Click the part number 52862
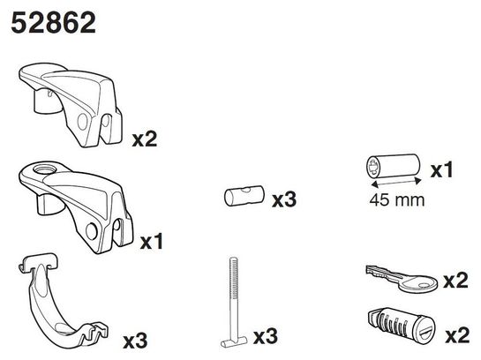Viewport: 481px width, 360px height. click(53, 22)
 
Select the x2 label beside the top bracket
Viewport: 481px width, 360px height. click(145, 139)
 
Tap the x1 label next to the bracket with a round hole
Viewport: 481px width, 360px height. click(151, 242)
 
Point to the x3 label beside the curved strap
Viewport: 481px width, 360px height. click(135, 341)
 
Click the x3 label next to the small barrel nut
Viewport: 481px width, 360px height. click(284, 199)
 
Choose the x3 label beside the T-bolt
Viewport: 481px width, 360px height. click(266, 336)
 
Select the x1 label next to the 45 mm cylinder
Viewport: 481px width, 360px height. click(442, 170)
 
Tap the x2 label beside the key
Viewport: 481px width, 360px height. click(455, 281)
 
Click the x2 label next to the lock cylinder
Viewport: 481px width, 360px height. click(457, 335)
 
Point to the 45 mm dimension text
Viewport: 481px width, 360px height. click(397, 200)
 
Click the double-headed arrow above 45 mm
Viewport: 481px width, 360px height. click(396, 183)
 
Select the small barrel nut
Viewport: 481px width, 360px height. click(244, 196)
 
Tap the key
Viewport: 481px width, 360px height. click(402, 279)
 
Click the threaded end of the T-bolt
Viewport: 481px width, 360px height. click(234, 278)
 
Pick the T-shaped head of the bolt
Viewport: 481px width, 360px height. click(234, 341)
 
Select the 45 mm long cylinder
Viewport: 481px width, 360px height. click(393, 166)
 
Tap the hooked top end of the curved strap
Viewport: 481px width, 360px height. click(38, 262)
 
